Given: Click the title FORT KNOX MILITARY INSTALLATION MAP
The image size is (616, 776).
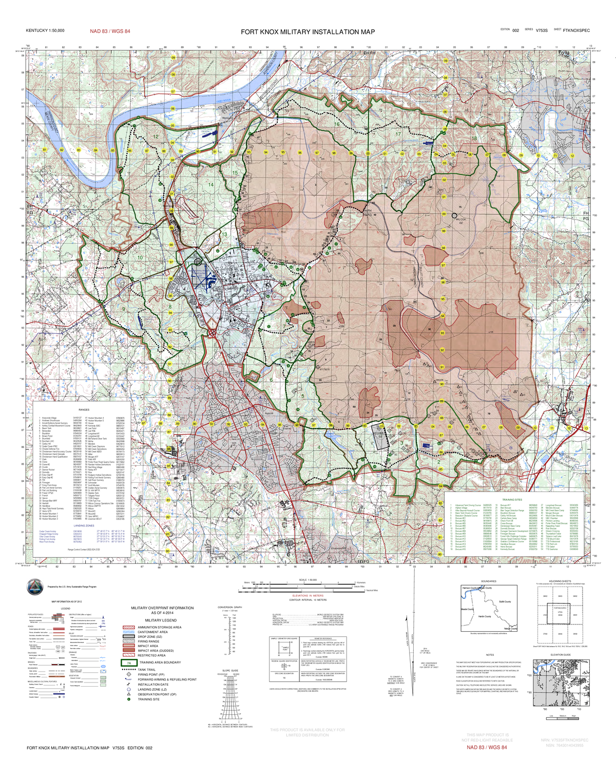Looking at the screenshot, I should pyautogui.click(x=307, y=32).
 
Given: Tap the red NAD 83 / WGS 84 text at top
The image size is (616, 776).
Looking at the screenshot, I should pyautogui.click(x=110, y=31).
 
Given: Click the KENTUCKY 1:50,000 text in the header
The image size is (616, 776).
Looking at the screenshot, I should pyautogui.click(x=45, y=31).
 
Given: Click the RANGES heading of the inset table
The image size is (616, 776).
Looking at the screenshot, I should pyautogui.click(x=84, y=410).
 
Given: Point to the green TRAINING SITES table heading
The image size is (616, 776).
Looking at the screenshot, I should pyautogui.click(x=512, y=500).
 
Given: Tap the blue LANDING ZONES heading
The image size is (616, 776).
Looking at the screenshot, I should pyautogui.click(x=84, y=526).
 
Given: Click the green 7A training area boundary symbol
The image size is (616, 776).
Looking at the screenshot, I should pyautogui.click(x=128, y=663).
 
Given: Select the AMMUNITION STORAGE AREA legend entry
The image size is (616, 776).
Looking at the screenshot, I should pyautogui.click(x=159, y=627).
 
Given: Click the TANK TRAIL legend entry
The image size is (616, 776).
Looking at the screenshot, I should pyautogui.click(x=146, y=670).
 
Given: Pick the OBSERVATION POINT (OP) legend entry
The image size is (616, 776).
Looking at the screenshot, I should pyautogui.click(x=157, y=694).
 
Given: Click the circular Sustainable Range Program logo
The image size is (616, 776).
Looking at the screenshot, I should pyautogui.click(x=35, y=586).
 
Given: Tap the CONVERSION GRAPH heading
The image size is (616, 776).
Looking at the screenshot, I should pyautogui.click(x=229, y=608).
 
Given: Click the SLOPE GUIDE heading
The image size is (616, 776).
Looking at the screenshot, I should pyautogui.click(x=230, y=671).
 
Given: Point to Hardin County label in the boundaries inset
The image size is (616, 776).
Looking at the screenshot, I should pyautogui.click(x=485, y=616).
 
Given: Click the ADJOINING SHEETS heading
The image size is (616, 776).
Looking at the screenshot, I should pyautogui.click(x=560, y=581).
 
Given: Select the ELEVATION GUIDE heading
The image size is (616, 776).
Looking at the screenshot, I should pyautogui.click(x=560, y=655).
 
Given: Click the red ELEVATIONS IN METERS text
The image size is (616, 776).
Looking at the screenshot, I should pyautogui.click(x=307, y=596).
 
